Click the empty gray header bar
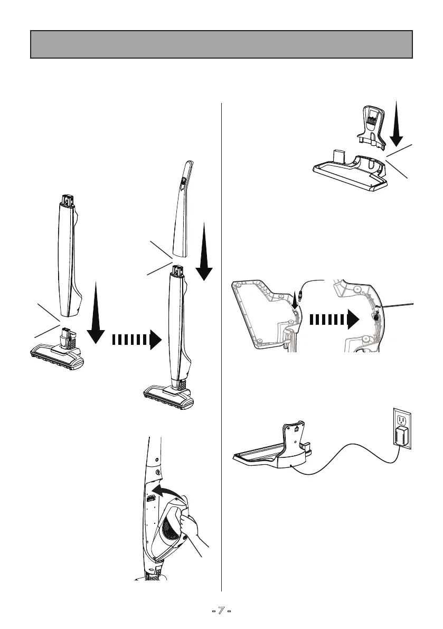pos(221,44)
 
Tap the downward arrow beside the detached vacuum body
pos(96,313)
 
